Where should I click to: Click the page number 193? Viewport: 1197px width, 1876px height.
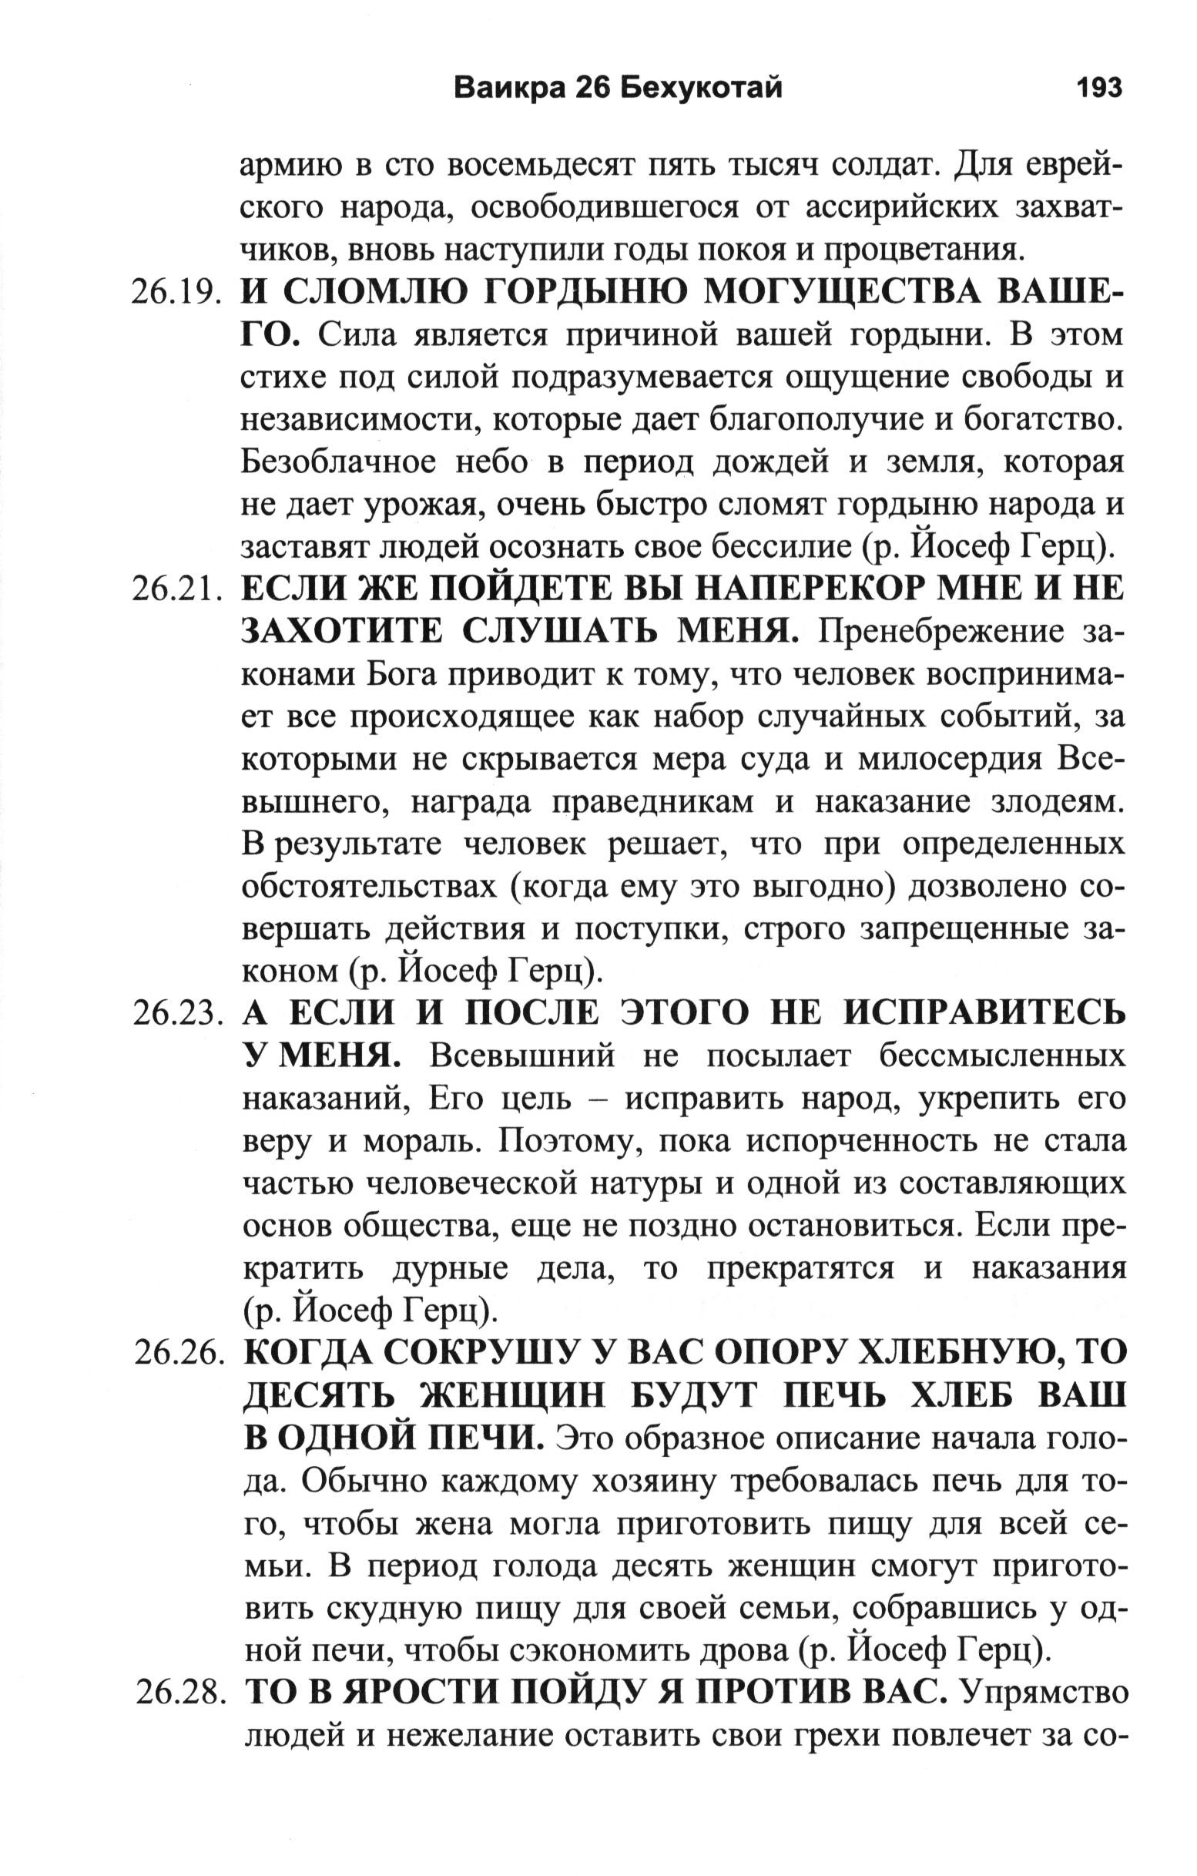coord(1098,88)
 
